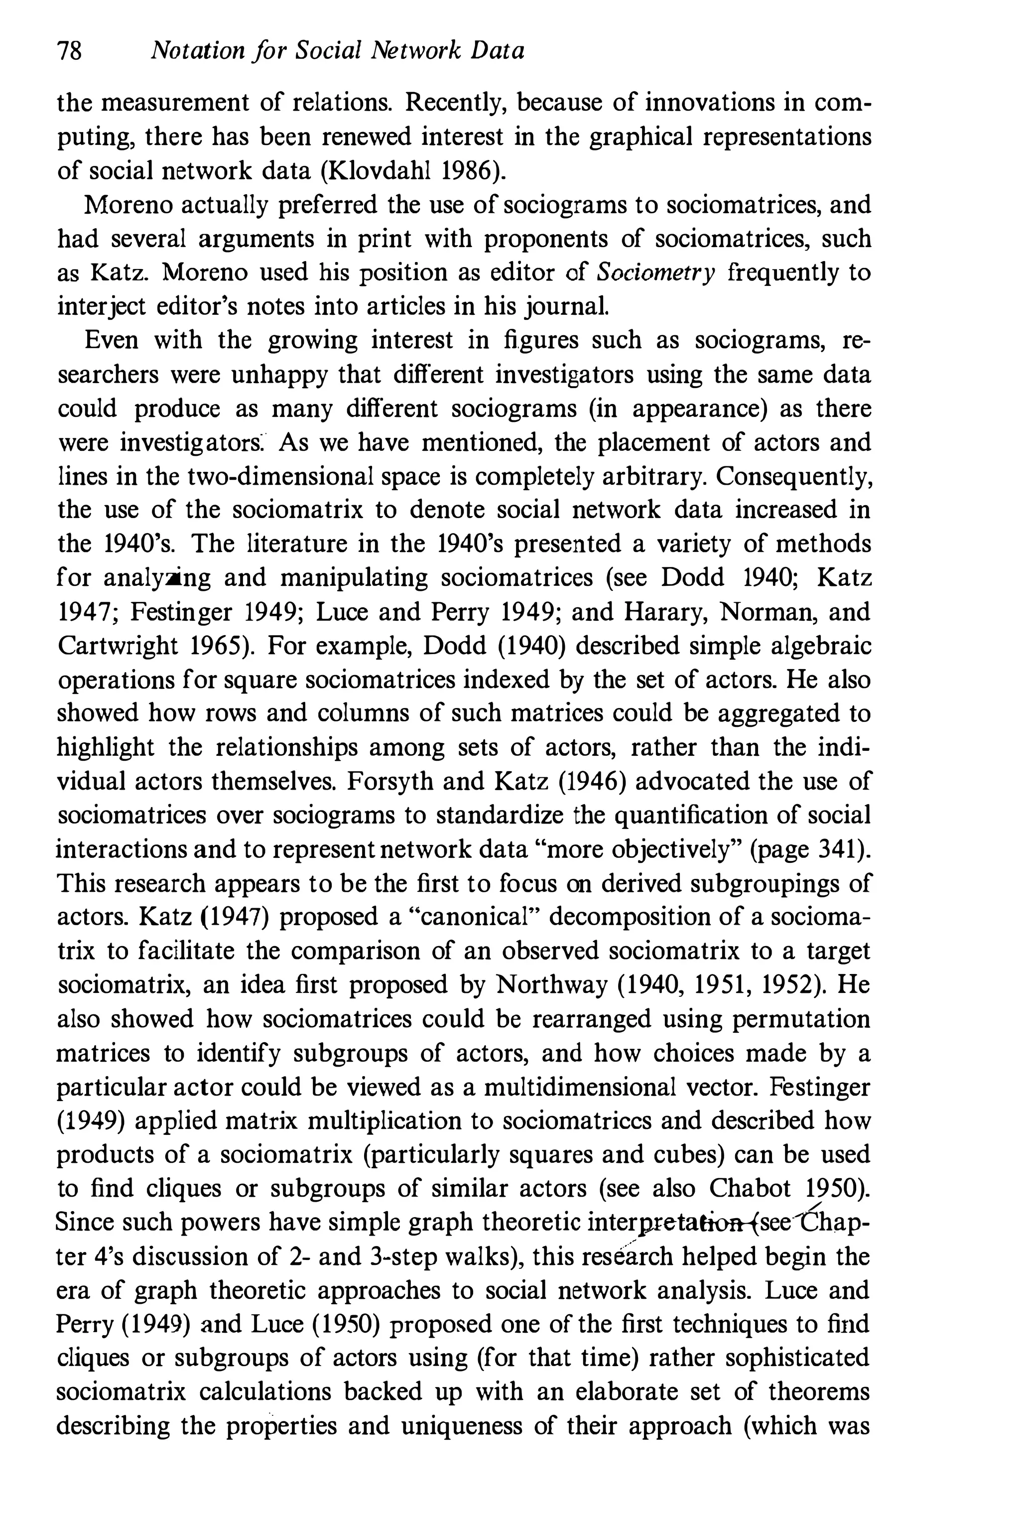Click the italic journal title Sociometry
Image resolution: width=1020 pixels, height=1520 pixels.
click(x=655, y=273)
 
